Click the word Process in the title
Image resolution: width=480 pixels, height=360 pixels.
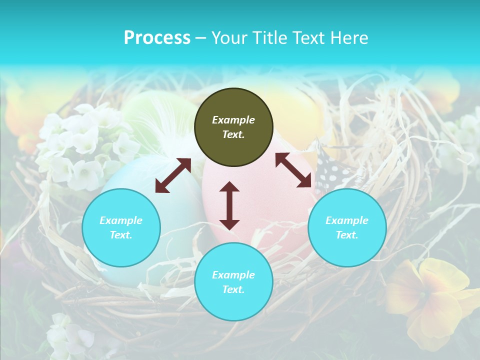157,38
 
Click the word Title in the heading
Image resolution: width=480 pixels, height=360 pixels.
271,38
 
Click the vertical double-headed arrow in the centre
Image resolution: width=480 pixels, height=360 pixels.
229,205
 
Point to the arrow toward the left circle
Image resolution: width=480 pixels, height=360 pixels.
173,175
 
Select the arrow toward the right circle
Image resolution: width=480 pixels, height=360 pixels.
293,170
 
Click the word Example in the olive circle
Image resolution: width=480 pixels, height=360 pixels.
233,120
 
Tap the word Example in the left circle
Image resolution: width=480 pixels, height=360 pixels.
121,220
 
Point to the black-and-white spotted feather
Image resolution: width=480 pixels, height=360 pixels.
332,172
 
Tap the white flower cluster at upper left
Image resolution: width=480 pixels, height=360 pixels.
85,145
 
